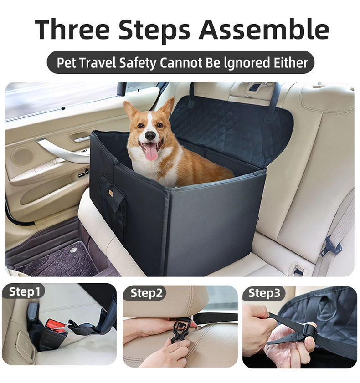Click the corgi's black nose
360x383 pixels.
tap(149, 136)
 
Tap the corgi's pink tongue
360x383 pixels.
tap(152, 153)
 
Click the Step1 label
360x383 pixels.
tap(24, 291)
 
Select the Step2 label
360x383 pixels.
tap(146, 293)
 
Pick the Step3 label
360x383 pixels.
tap(264, 293)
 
